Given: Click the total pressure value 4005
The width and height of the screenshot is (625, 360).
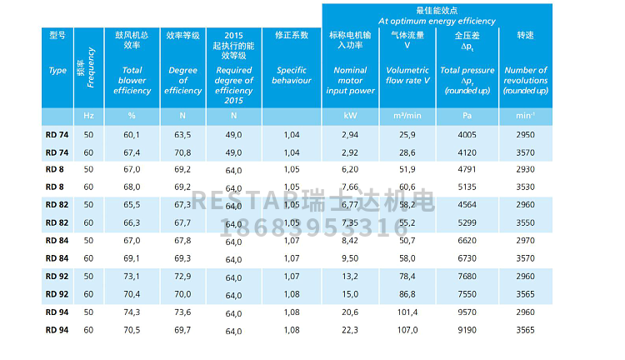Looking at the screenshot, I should pyautogui.click(x=466, y=134).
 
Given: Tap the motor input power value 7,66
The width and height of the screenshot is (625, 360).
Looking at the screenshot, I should pyautogui.click(x=349, y=187).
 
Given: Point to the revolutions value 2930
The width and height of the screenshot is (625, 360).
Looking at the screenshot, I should pyautogui.click(x=526, y=169).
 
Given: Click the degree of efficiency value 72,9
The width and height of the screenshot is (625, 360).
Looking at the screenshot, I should pyautogui.click(x=183, y=276).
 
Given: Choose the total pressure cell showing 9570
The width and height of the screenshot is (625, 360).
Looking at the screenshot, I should pyautogui.click(x=466, y=312).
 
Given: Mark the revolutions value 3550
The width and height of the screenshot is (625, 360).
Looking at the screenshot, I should pyautogui.click(x=526, y=222).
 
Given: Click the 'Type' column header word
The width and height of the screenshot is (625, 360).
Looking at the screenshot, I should pyautogui.click(x=57, y=71).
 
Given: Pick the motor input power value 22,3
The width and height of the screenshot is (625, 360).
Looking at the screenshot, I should pyautogui.click(x=349, y=329).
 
